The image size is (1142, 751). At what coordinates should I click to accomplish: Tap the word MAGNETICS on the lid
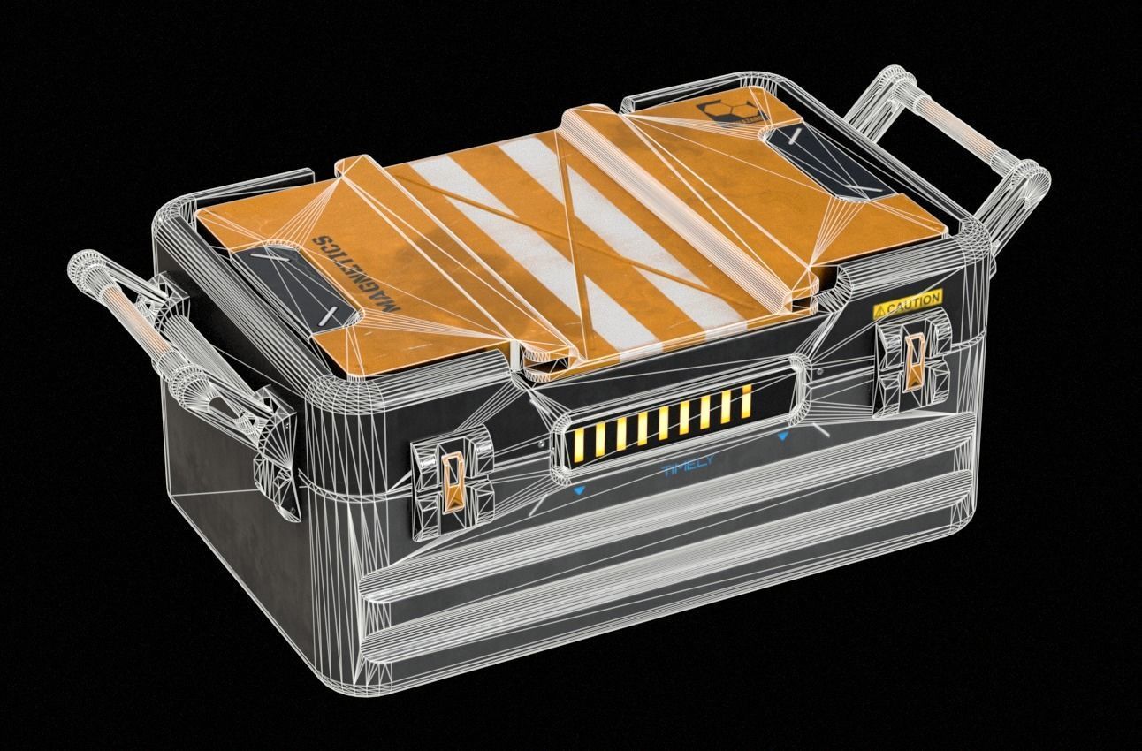[x=354, y=274]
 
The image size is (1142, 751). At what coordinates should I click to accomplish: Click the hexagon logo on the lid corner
[x=720, y=115]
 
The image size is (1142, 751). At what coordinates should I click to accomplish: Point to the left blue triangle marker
[x=578, y=489]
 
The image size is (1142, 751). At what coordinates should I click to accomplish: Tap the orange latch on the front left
[x=453, y=482]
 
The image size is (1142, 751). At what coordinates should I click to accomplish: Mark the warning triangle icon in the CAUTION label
[x=880, y=310]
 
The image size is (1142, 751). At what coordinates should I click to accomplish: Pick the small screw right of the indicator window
[x=826, y=429]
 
